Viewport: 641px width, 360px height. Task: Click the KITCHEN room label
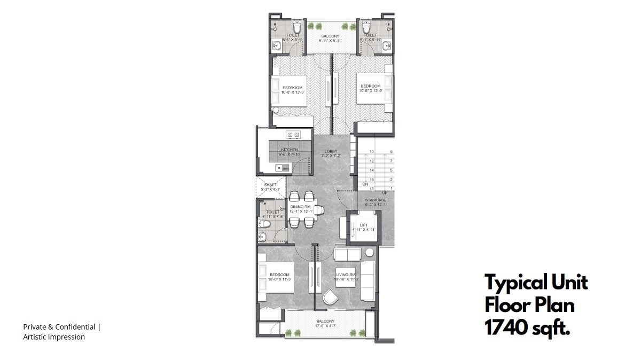pos(290,150)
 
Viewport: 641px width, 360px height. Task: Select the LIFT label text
pos(364,225)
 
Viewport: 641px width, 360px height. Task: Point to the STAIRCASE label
pos(376,200)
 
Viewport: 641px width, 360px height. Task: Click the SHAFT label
pos(270,185)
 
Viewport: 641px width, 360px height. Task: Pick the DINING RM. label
pos(301,207)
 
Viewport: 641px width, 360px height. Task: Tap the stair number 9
pos(392,152)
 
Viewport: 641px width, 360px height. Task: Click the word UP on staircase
pos(385,193)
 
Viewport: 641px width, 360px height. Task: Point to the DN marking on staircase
pos(365,184)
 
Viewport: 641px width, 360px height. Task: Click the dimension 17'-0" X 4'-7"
pos(325,326)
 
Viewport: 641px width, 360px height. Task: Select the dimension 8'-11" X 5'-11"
pos(330,41)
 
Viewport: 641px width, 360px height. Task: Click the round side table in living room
pos(370,253)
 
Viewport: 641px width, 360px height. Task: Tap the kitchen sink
pos(279,168)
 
